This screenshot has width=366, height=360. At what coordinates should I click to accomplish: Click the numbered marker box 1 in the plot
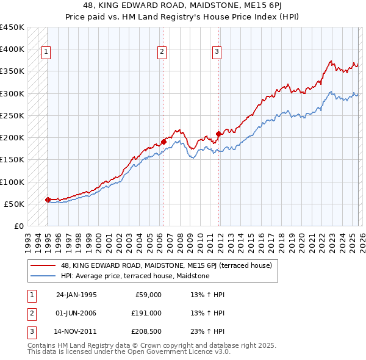click(x=47, y=52)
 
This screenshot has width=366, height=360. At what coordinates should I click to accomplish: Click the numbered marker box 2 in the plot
click(x=162, y=52)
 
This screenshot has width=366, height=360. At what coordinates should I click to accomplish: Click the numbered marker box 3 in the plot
click(x=217, y=52)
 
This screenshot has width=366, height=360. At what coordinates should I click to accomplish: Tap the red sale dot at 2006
click(x=163, y=142)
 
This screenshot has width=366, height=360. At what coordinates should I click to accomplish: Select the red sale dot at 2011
click(x=218, y=134)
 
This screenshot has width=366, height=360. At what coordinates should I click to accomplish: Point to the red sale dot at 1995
click(x=48, y=200)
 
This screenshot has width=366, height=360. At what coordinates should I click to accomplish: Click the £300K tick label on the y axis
click(x=12, y=93)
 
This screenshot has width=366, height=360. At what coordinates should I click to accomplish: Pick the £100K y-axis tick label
click(x=12, y=182)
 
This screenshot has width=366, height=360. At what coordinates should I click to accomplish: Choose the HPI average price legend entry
click(x=135, y=276)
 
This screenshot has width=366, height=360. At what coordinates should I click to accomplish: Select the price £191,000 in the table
click(x=146, y=313)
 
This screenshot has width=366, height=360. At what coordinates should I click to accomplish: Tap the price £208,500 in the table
click(x=146, y=331)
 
